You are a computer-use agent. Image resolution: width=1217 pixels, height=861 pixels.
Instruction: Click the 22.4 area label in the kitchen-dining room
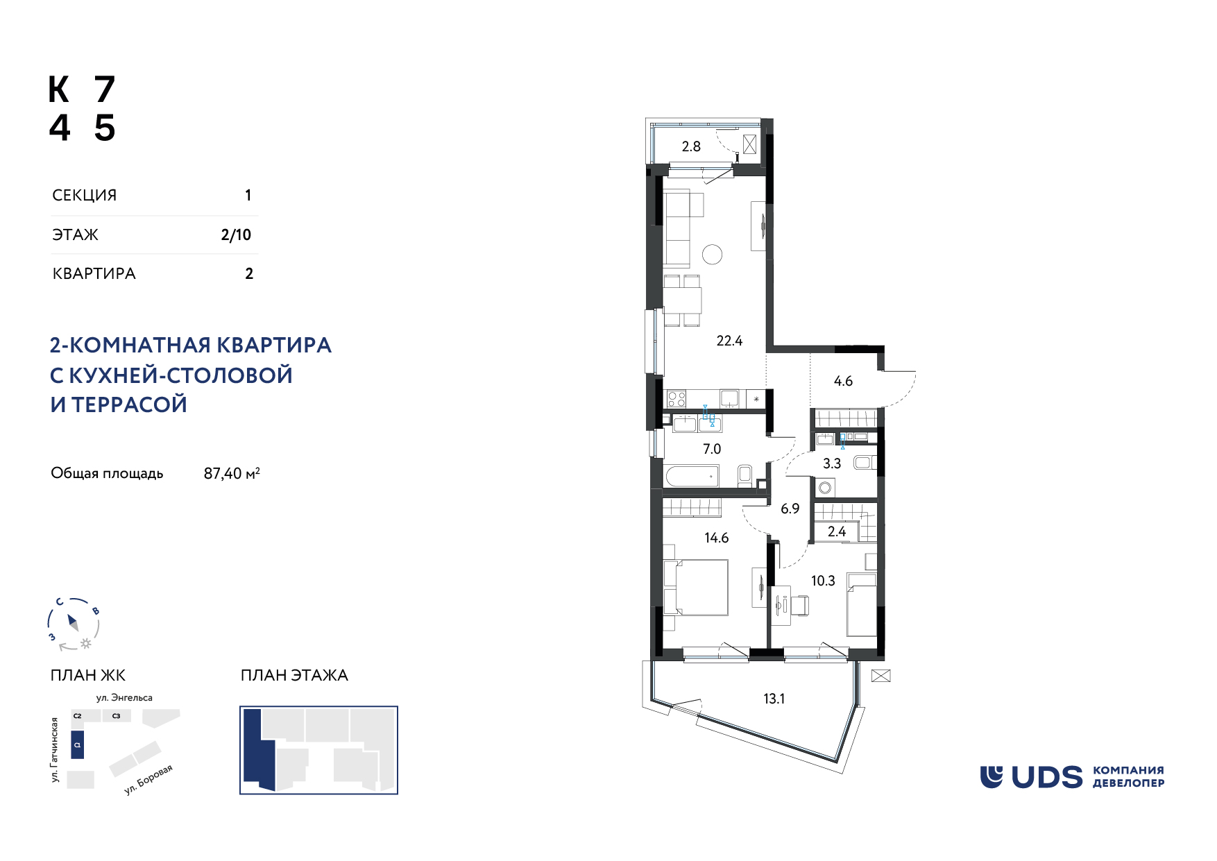pyautogui.click(x=729, y=341)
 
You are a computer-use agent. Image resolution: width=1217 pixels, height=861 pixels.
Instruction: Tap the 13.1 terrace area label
pyautogui.click(x=774, y=699)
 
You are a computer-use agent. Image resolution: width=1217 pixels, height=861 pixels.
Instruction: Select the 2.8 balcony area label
pyautogui.click(x=691, y=146)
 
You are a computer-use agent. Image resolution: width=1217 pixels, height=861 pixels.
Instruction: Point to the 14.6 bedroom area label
pyautogui.click(x=717, y=538)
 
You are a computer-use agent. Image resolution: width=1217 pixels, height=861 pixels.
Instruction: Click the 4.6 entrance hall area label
pyautogui.click(x=843, y=381)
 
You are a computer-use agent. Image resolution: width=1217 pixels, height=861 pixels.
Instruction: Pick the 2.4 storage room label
pyautogui.click(x=837, y=531)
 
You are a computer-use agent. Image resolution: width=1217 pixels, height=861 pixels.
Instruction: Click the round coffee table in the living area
pyautogui.click(x=712, y=255)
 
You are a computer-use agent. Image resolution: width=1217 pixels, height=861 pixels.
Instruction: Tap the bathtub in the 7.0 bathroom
pyautogui.click(x=692, y=476)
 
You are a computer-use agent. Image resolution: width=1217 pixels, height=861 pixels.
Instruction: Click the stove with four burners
pyautogui.click(x=676, y=399)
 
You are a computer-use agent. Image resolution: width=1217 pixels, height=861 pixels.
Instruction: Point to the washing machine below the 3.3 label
pyautogui.click(x=825, y=488)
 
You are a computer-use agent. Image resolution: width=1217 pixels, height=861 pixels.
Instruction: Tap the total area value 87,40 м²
pyautogui.click(x=232, y=473)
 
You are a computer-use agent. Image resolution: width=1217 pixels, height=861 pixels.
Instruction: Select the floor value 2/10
pyautogui.click(x=236, y=235)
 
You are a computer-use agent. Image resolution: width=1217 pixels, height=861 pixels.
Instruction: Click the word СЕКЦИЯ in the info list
pyautogui.click(x=85, y=195)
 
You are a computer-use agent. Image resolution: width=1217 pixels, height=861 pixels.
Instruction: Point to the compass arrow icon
pyautogui.click(x=73, y=622)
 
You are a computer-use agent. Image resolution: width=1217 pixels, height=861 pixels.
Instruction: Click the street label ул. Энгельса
pyautogui.click(x=124, y=697)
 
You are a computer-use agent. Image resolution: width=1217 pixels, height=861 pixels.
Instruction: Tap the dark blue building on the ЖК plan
pyautogui.click(x=78, y=744)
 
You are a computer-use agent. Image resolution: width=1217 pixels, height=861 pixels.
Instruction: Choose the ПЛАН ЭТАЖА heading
pyautogui.click(x=294, y=675)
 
